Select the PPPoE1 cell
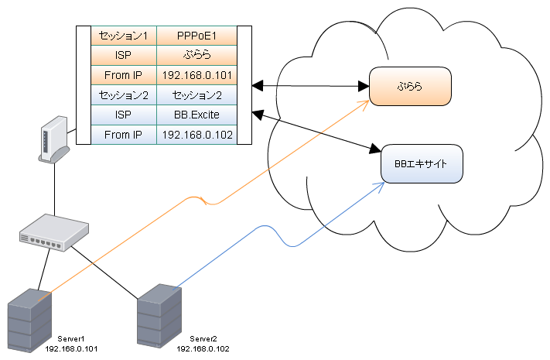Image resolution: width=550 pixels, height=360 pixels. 196,36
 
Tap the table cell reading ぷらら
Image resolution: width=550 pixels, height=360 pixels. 196,56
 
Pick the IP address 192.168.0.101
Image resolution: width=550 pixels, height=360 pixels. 196,76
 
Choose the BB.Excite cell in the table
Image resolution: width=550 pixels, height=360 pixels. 196,115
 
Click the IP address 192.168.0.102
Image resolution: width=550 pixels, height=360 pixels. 196,135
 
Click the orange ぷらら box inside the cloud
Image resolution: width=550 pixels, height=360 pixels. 409,86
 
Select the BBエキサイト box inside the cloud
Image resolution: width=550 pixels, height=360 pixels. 422,164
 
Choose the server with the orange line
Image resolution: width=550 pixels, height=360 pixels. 29,322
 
